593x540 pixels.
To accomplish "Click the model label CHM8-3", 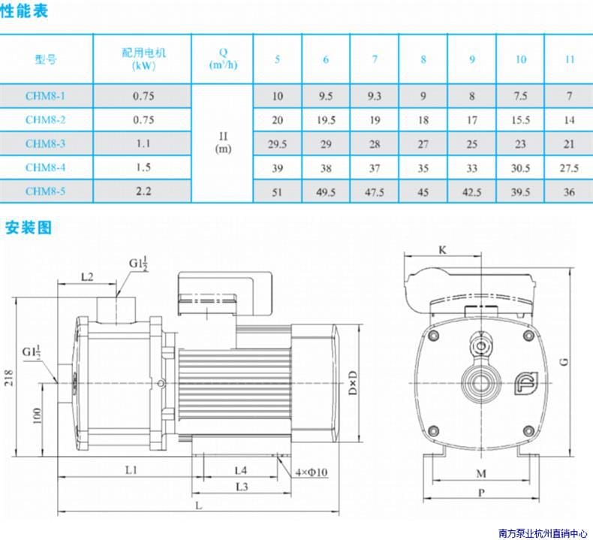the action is (x=45, y=143).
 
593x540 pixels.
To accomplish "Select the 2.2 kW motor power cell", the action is (x=143, y=191).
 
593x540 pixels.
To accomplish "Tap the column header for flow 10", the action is (x=521, y=59).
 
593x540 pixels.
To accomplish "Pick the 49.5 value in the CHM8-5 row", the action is (x=326, y=192).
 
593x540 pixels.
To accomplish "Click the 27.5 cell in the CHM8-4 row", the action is (x=569, y=167).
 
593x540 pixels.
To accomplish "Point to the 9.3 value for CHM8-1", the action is (x=375, y=96).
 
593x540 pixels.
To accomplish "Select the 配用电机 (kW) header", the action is (x=143, y=59).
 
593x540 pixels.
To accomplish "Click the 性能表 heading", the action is (x=23, y=11).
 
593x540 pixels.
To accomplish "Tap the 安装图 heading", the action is (x=28, y=228).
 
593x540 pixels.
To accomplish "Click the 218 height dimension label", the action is (x=9, y=377).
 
